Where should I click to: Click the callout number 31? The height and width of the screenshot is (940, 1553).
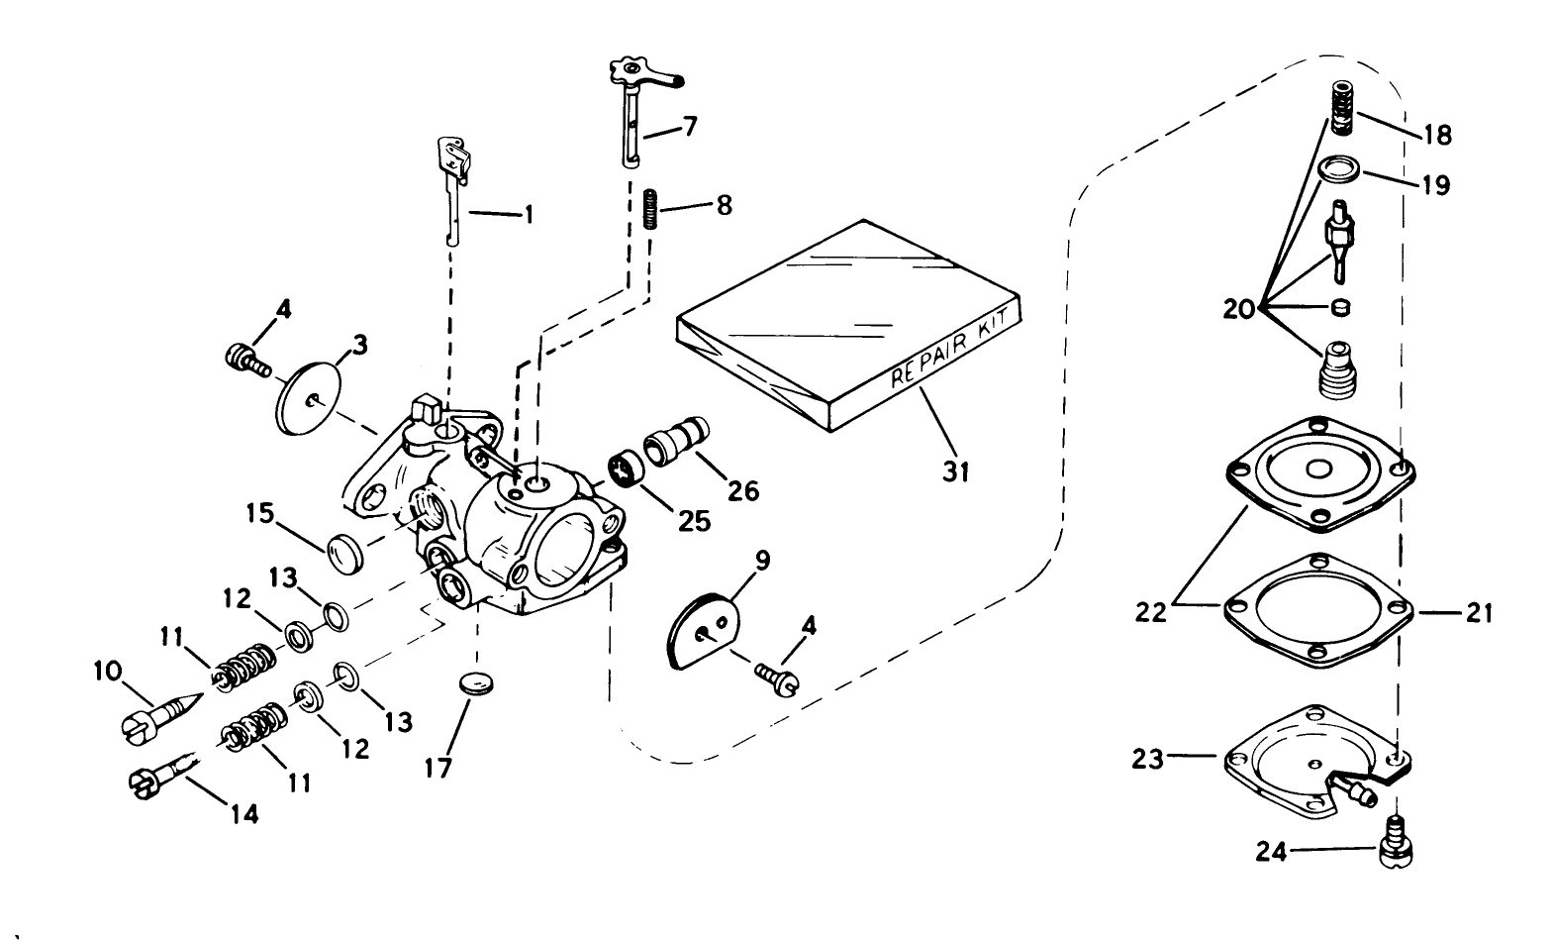click(x=954, y=471)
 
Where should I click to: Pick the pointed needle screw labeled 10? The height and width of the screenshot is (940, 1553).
click(x=161, y=715)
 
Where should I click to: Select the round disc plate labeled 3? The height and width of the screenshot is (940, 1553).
click(x=308, y=398)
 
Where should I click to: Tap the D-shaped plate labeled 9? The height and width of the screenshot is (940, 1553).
click(x=701, y=631)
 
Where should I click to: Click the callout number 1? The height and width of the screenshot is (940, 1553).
click(x=528, y=213)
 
